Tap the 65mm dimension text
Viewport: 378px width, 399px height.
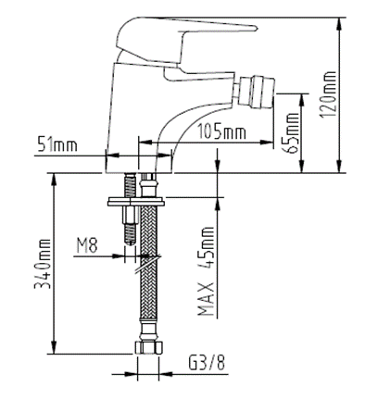tap(295, 132)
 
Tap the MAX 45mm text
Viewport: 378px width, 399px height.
tap(206, 268)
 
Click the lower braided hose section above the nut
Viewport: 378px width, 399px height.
tap(146, 305)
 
